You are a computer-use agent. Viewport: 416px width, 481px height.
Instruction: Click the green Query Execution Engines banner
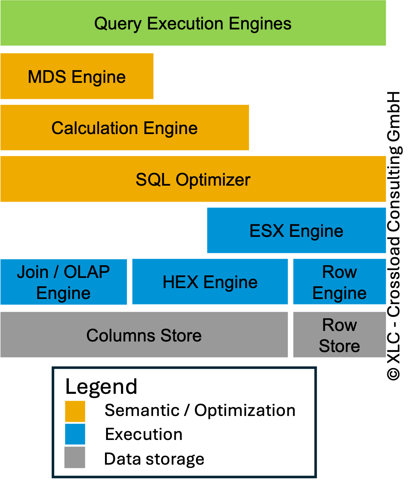coord(193,23)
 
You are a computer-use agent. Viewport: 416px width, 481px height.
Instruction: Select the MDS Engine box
coord(77,76)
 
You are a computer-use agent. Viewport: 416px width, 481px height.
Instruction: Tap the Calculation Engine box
coord(125,128)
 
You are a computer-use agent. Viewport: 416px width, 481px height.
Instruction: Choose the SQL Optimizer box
coord(193,179)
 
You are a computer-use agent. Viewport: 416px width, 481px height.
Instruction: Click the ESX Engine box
coord(296,231)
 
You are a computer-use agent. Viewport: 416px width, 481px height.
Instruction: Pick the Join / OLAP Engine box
coord(64,282)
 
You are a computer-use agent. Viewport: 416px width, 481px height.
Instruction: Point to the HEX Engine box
coord(210,282)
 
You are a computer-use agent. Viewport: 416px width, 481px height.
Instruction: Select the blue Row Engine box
coord(339,282)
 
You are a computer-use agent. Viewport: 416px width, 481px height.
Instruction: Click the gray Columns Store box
coord(144,335)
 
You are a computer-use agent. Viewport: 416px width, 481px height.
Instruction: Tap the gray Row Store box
coord(339,335)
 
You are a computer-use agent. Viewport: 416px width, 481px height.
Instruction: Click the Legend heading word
coord(101,386)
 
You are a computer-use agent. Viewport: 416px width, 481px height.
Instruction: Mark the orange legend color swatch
coord(75,411)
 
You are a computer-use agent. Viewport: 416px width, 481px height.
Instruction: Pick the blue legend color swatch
coord(75,434)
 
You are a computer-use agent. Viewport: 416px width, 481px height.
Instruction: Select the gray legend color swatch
coord(75,457)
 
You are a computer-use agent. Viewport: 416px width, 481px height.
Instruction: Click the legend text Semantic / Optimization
coord(200,411)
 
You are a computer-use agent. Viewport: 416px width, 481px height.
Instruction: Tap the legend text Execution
coord(144,434)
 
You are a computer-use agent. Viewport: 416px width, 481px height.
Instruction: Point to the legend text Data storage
coord(154,459)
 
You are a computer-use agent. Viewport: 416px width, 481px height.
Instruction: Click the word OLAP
coord(87,272)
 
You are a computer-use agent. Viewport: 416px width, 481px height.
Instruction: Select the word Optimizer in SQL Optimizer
coord(213,179)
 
